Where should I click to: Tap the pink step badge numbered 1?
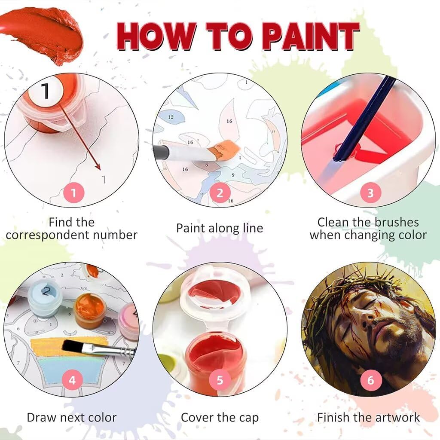pyautogui.click(x=73, y=193)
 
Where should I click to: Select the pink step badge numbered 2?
pyautogui.click(x=220, y=193)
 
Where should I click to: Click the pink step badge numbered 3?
pyautogui.click(x=370, y=193)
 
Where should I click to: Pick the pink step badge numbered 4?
pyautogui.click(x=72, y=380)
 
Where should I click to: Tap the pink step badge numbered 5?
pyautogui.click(x=220, y=380)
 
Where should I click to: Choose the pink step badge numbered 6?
pyautogui.click(x=370, y=380)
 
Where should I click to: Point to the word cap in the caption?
pyautogui.click(x=249, y=419)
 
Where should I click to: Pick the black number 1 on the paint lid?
pyautogui.click(x=45, y=90)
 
